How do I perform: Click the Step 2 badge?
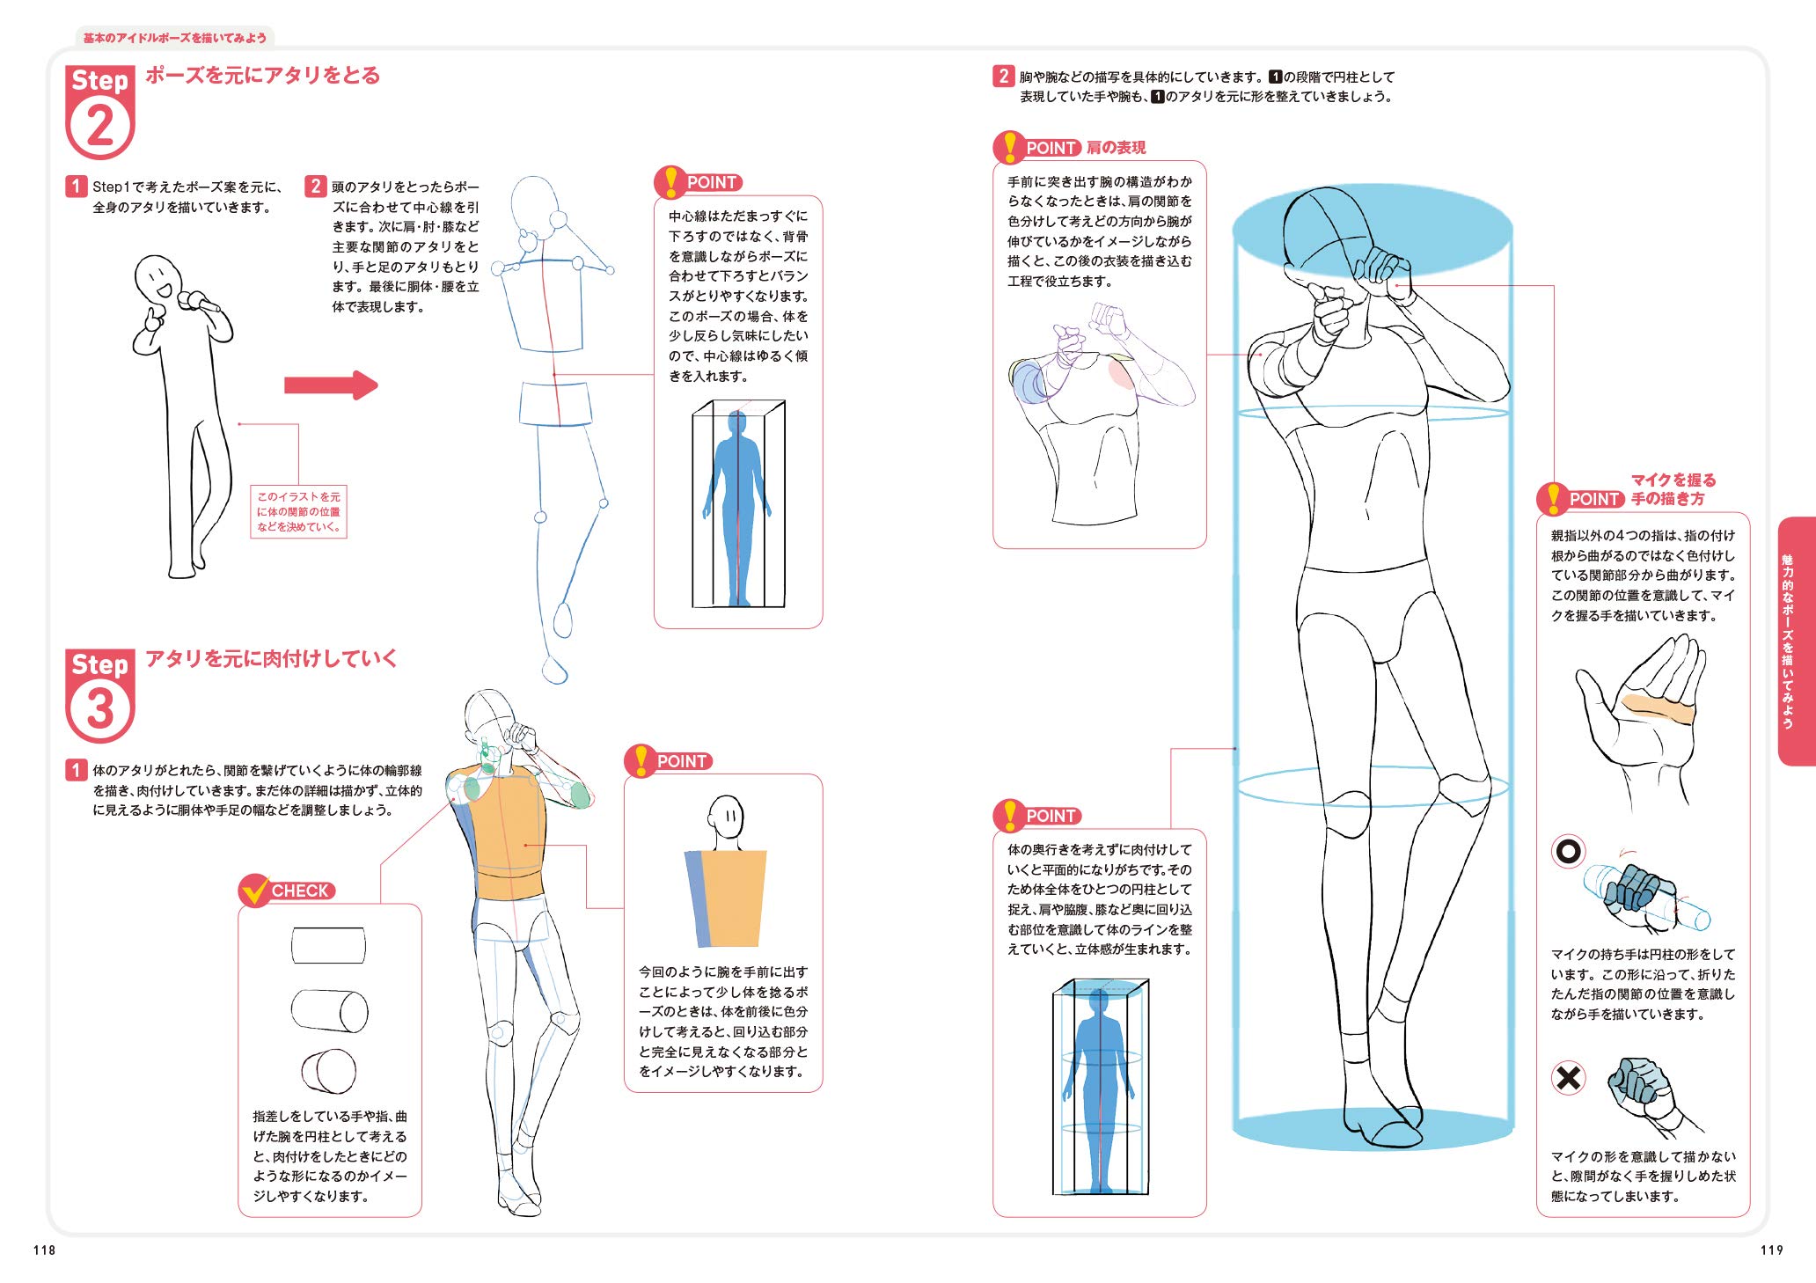[99, 112]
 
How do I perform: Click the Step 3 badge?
[99, 695]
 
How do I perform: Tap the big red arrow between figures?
[330, 385]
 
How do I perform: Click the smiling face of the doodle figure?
[158, 280]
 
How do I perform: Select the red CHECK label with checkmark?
[287, 891]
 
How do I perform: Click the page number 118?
[44, 1250]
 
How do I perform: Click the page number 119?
[1771, 1250]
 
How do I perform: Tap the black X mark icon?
[1568, 1077]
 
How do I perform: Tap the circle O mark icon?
[1568, 851]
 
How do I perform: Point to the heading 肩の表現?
[1116, 148]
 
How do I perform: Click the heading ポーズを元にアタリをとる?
[262, 76]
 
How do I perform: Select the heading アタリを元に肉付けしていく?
[271, 658]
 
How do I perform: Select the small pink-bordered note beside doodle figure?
[298, 511]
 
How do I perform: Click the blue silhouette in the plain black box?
[736, 510]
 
